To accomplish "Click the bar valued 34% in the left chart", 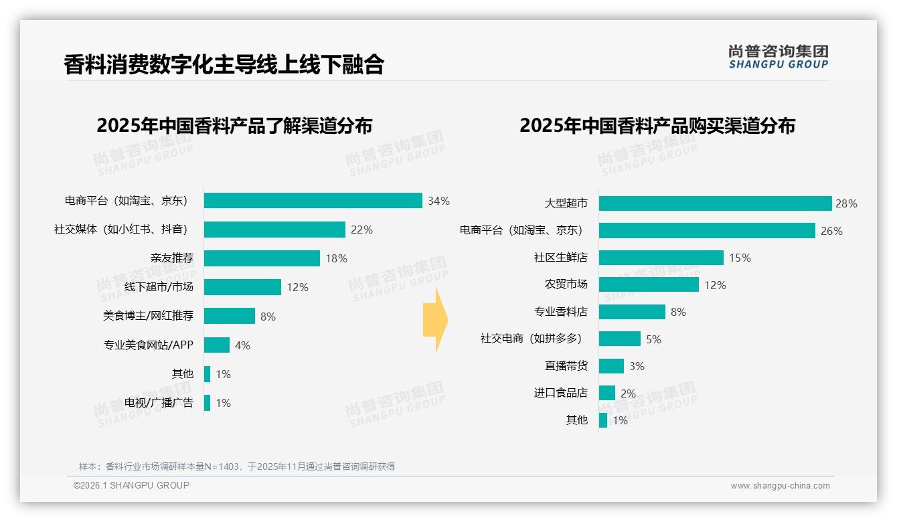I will [313, 201].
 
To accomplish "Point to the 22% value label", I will [361, 230].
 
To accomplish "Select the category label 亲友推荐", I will [171, 258].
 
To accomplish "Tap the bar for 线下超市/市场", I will [242, 287].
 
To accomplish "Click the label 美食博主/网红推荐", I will [148, 316].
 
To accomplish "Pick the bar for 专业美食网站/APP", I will [217, 345].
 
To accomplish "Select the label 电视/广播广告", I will [159, 402].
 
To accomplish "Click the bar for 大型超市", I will [715, 203].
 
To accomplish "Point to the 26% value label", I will [831, 231].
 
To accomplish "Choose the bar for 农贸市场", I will [649, 285].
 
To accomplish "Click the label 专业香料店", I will [560, 312].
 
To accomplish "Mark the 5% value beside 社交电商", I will [653, 339].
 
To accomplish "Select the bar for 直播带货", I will [611, 366].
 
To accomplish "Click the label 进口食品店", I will [560, 393].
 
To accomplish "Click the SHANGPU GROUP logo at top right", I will [778, 57].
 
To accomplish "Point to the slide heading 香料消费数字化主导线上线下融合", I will [224, 64].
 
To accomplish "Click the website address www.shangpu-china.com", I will [780, 486].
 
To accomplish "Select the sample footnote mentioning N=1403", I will [237, 466].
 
